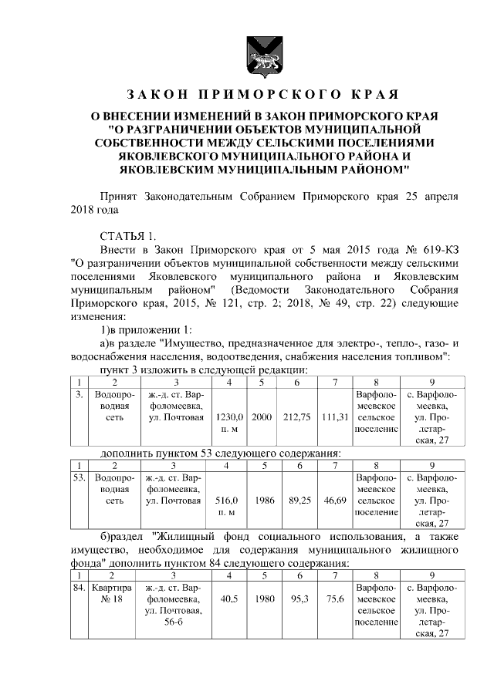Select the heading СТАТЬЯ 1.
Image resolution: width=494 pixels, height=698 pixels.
[x=127, y=235]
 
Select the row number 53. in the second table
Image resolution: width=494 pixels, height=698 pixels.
[x=78, y=477]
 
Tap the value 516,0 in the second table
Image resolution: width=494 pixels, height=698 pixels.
[x=229, y=500]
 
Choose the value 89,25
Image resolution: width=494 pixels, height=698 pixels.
[x=296, y=500]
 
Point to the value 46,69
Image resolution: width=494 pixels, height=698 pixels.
[x=334, y=500]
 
